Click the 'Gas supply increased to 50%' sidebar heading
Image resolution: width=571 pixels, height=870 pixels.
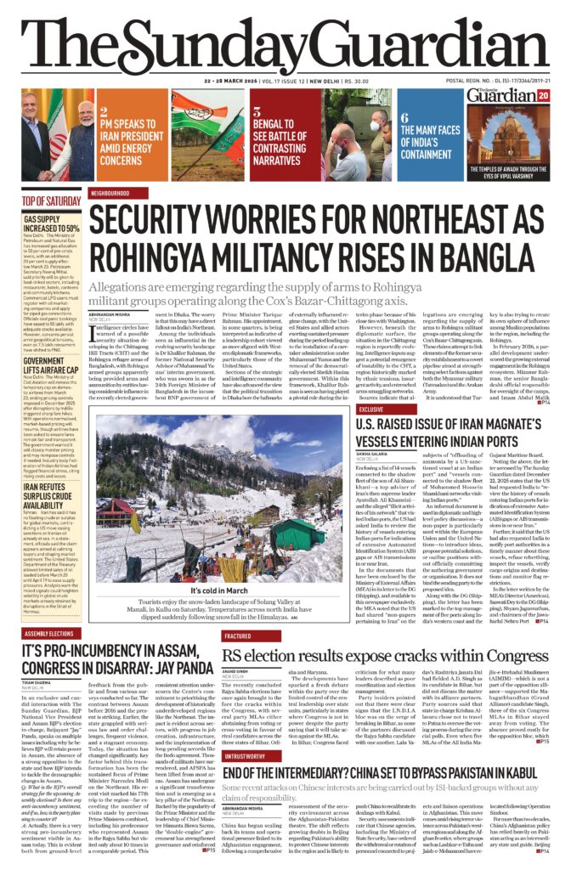(52, 223)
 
